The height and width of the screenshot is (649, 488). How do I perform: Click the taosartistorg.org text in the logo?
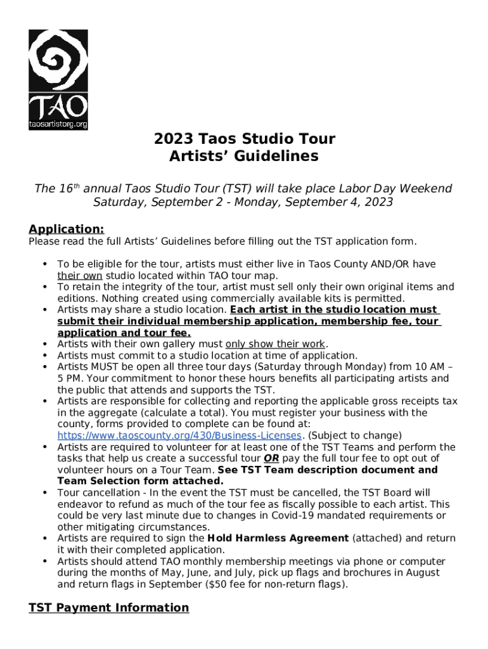(x=58, y=124)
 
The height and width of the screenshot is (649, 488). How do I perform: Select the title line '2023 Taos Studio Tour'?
(x=244, y=139)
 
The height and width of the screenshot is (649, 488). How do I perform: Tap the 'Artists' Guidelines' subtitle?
(x=244, y=156)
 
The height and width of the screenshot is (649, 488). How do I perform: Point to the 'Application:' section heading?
(x=66, y=229)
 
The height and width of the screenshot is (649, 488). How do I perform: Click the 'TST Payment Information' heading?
(x=108, y=608)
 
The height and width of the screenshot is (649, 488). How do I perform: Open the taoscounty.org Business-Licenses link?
(x=180, y=435)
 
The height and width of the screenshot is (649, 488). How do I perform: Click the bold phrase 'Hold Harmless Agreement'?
(x=278, y=538)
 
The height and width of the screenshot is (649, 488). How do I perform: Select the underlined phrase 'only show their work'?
(x=275, y=344)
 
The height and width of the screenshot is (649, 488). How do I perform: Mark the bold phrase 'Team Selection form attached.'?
(x=141, y=481)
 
